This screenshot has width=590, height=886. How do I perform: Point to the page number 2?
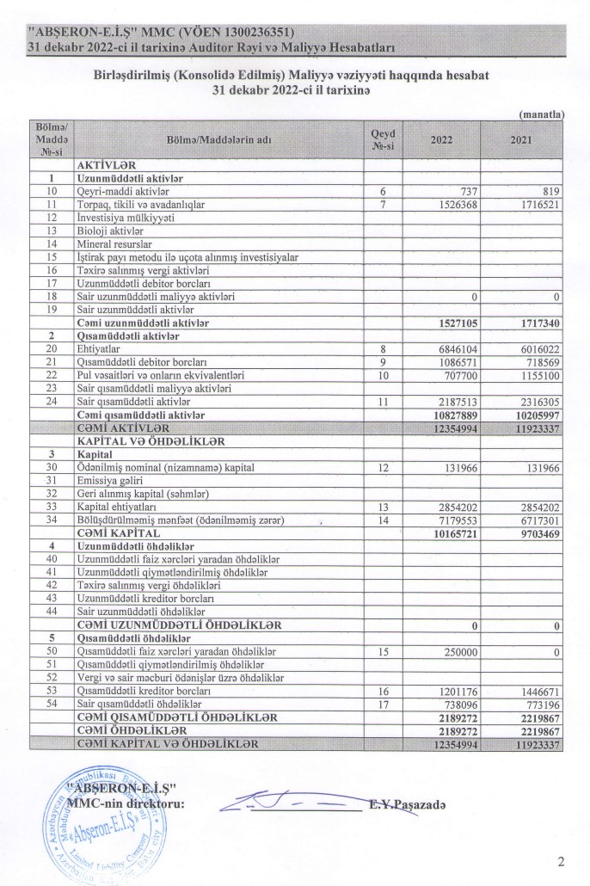(x=561, y=861)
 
